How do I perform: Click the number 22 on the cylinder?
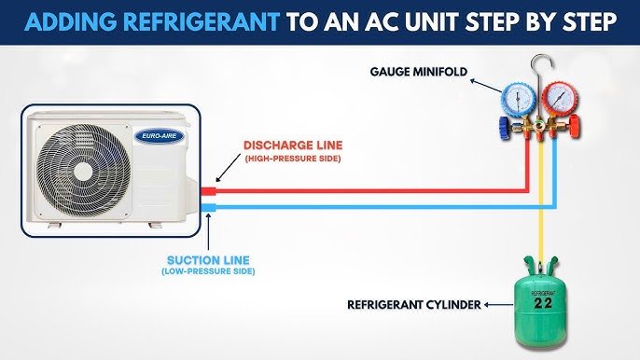click(543, 303)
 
